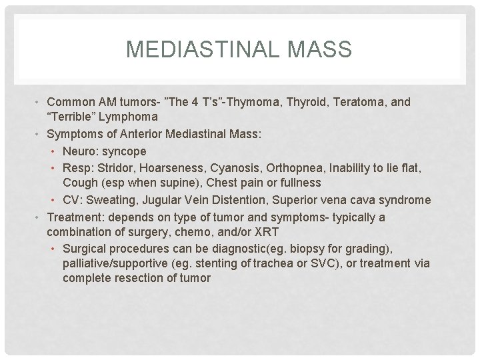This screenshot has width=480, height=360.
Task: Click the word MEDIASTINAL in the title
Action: (x=200, y=49)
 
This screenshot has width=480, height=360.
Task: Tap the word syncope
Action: (x=125, y=151)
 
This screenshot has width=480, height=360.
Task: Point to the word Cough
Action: (x=79, y=182)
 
